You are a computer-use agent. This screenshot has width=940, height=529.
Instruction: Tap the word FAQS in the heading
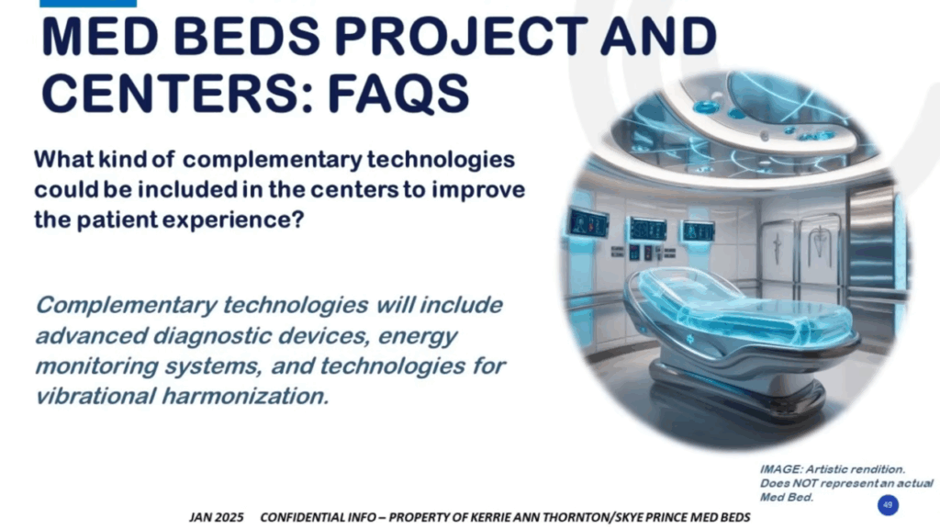[x=398, y=94]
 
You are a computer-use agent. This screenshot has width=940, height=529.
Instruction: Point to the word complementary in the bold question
[x=272, y=160]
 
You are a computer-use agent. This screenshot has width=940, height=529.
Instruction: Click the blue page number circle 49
[x=888, y=505]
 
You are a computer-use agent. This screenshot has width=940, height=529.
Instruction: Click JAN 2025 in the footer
[x=217, y=517]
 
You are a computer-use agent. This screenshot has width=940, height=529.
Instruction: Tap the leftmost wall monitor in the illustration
[x=587, y=223]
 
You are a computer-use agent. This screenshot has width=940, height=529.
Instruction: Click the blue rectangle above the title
[x=88, y=4]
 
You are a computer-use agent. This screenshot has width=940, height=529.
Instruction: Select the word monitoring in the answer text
[x=96, y=366]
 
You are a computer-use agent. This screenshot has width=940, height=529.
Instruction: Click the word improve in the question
[x=478, y=190]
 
